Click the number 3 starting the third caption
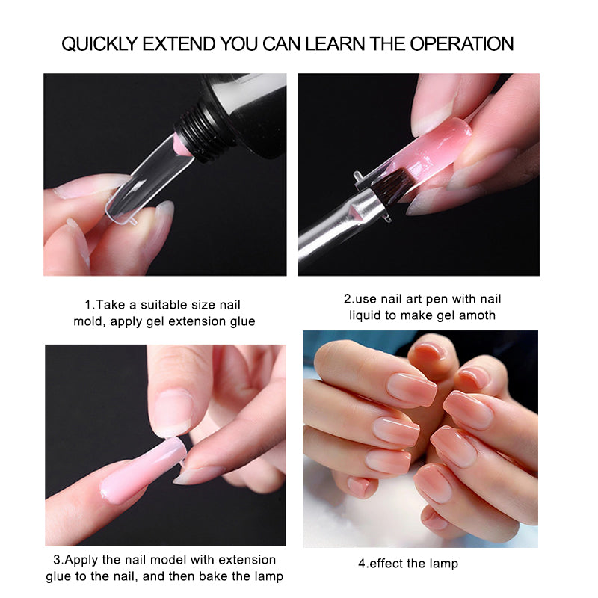[x=55, y=560]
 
